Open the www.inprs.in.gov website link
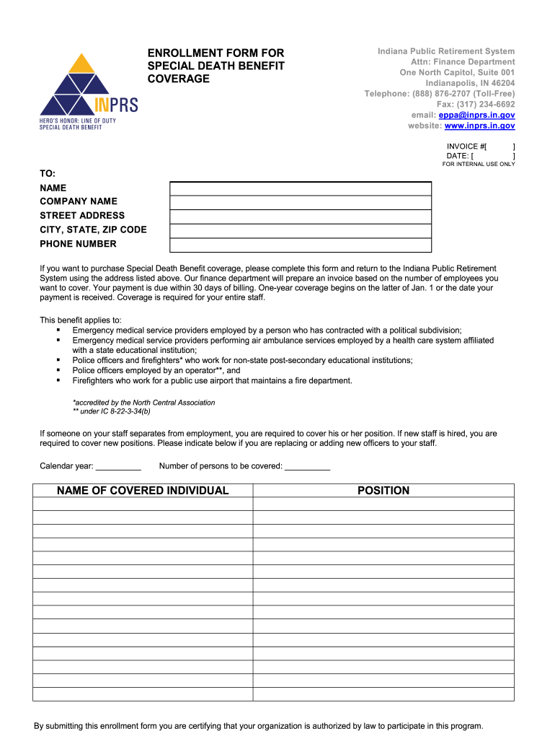coord(479,126)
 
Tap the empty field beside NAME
coord(300,188)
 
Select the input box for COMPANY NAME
coord(300,203)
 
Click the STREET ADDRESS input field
coord(300,217)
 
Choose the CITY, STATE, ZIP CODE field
coord(300,231)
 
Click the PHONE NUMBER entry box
coord(300,245)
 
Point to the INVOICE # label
coord(466,147)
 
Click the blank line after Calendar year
coord(117,466)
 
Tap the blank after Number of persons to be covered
coord(307,466)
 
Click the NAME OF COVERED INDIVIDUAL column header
coord(143,491)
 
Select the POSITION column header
coord(383,491)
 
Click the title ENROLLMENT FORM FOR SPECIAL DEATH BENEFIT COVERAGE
coord(216,66)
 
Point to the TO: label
coord(48,173)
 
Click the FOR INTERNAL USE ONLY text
coord(479,164)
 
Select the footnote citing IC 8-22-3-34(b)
coord(112,411)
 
